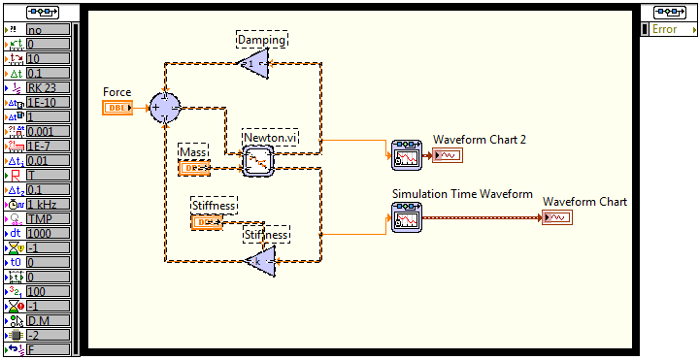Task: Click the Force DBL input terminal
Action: click(117, 107)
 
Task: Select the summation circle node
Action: click(166, 107)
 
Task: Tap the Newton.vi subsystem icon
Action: click(258, 161)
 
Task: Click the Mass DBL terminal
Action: click(193, 168)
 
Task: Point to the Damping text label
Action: click(262, 40)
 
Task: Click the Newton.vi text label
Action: click(270, 138)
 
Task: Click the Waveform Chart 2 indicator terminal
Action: click(449, 155)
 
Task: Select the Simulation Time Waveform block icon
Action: click(407, 217)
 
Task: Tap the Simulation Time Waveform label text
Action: click(462, 194)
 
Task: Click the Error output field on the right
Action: click(669, 29)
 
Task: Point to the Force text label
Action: click(117, 92)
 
